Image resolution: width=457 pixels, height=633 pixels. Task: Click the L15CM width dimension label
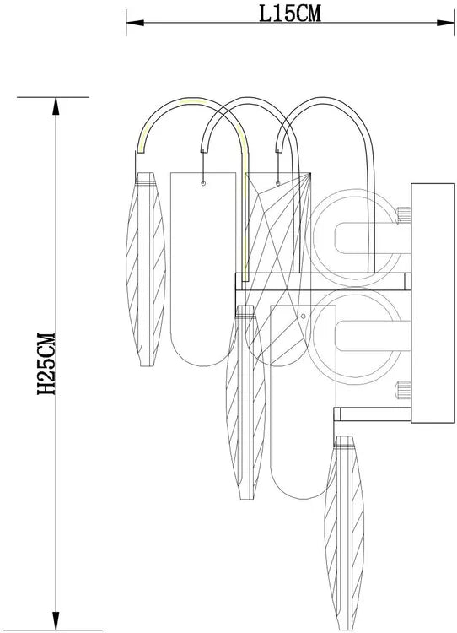289,14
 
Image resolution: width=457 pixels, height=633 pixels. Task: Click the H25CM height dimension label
46,364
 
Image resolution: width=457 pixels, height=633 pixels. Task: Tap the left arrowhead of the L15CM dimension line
135,23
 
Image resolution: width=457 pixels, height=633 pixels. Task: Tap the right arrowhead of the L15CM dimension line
446,23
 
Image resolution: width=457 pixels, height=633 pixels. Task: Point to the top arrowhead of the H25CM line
56,106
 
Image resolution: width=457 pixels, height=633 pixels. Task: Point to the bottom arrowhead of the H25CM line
56,620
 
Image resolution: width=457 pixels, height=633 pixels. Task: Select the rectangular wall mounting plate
433,303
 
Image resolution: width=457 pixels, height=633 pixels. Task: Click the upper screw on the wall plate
403,215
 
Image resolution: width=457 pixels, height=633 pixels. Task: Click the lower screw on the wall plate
403,390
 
